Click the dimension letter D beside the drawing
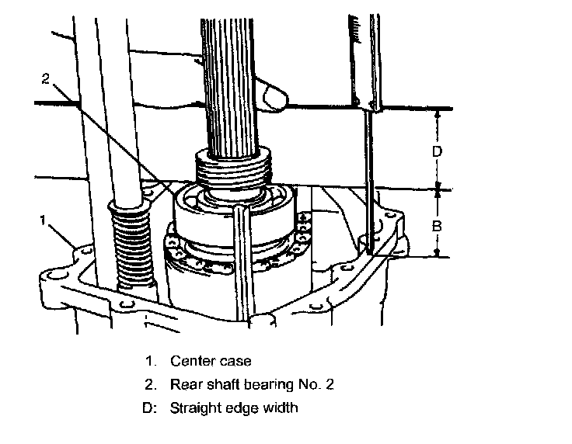coord(438,151)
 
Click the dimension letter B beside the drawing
coord(438,226)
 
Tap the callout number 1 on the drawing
coord(44,220)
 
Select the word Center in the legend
coord(190,360)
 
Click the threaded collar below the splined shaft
coord(234,167)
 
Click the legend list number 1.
coord(149,360)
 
